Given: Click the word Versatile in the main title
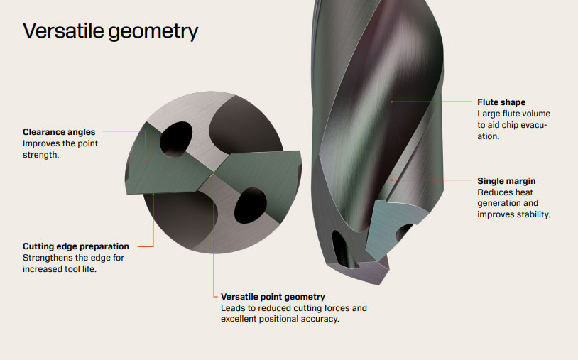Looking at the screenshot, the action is [x=63, y=31].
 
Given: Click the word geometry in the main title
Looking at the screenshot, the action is [x=153, y=33].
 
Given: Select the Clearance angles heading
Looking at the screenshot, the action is [x=59, y=132].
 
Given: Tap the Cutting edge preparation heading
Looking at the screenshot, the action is [x=76, y=246].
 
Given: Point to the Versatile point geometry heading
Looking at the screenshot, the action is [x=273, y=297].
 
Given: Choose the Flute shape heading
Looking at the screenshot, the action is [x=501, y=102].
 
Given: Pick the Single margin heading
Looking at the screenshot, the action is [x=506, y=181].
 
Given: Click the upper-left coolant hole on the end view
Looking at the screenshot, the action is [x=176, y=140].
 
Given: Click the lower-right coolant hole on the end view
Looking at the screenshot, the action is [x=250, y=206].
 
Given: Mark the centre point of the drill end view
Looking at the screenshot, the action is [x=214, y=171].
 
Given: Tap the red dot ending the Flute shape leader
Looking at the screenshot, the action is [x=392, y=102].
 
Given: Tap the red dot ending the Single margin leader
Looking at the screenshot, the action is [x=392, y=180].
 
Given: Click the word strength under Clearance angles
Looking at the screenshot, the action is [x=41, y=155].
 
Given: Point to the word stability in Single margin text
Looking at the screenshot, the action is [x=532, y=214].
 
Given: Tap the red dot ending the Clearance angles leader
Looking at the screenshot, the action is [x=146, y=160].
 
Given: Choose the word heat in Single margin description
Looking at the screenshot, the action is [x=524, y=192].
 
